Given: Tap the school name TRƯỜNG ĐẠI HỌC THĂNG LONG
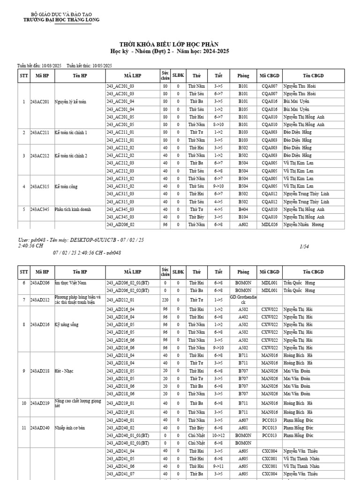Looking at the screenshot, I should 61,20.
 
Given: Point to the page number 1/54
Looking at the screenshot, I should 303,245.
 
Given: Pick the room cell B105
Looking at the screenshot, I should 243,109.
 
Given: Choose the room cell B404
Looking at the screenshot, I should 243,210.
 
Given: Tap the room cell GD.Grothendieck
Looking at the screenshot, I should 243,300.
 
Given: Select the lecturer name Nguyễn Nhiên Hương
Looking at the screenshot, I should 303,225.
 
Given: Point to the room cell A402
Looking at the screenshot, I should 243,317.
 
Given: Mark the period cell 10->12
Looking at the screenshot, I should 218,435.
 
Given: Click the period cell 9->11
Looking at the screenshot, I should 218,466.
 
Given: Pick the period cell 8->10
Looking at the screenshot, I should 218,125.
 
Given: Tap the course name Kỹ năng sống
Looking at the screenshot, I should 65,324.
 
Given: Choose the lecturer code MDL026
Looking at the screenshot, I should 270,225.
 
